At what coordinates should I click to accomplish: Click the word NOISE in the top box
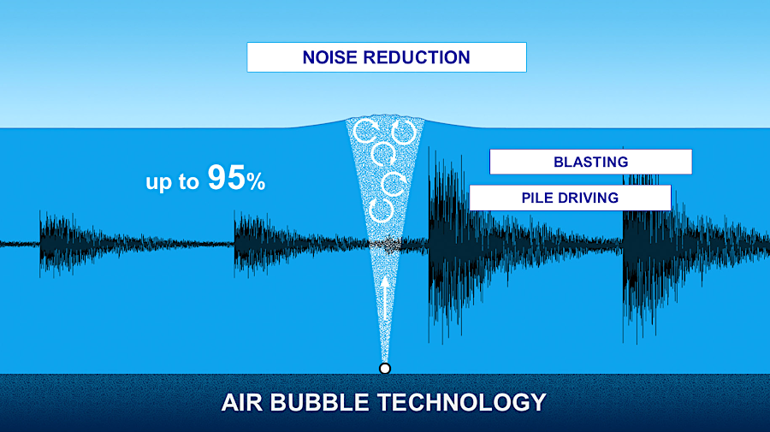[x=330, y=57]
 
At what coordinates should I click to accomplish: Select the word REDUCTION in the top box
[x=417, y=57]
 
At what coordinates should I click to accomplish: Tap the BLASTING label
[x=590, y=162]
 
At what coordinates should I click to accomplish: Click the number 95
[x=227, y=178]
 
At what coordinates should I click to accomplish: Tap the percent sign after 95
[x=256, y=182]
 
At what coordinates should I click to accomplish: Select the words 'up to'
[x=172, y=182]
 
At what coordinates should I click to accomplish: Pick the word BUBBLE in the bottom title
[x=319, y=403]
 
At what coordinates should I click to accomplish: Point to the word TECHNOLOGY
[x=462, y=403]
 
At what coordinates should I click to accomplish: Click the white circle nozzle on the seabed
[x=385, y=368]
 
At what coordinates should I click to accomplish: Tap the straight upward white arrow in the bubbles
[x=386, y=299]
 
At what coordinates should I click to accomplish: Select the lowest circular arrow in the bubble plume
[x=381, y=210]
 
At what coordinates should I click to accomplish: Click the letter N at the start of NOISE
[x=309, y=57]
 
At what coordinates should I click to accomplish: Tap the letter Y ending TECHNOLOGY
[x=538, y=403]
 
